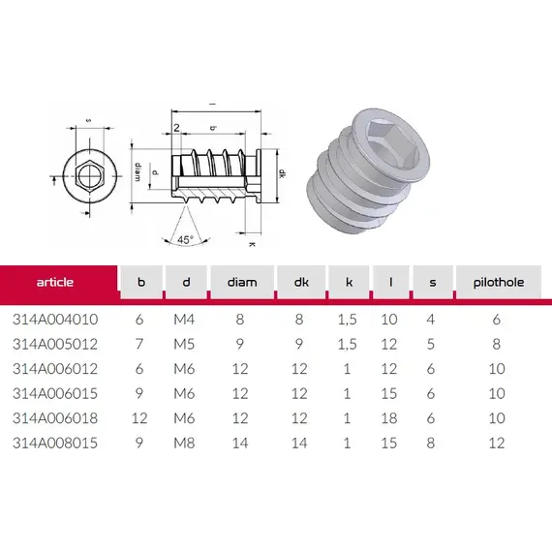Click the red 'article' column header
[x=55, y=282]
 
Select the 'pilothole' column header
[x=499, y=283]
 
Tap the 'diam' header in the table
[x=242, y=282]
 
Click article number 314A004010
[x=55, y=320]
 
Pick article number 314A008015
[x=55, y=443]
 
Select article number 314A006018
[x=55, y=418]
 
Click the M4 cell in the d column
[x=184, y=320]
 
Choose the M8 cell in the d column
[x=184, y=443]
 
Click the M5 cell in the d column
[x=184, y=344]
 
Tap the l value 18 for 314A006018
[x=389, y=418]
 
